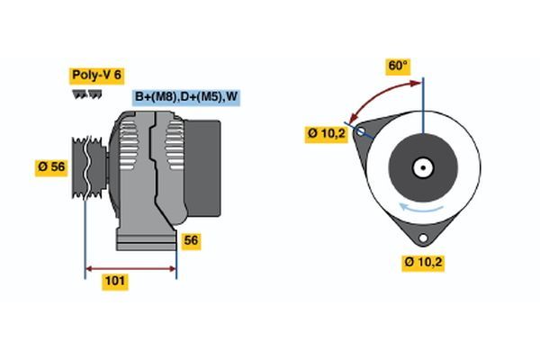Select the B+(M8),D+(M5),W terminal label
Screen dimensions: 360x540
pos(187,96)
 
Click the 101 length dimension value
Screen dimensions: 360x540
pos(115,282)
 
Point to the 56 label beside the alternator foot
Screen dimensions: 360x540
pos(191,240)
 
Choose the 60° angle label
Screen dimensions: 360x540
pos(398,66)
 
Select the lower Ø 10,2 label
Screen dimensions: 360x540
pos(424,262)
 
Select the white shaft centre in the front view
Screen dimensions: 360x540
pos(422,167)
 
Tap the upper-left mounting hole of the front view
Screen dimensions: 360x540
pos(362,132)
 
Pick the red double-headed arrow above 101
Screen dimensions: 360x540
pos(130,267)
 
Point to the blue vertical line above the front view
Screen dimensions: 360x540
pos(422,99)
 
